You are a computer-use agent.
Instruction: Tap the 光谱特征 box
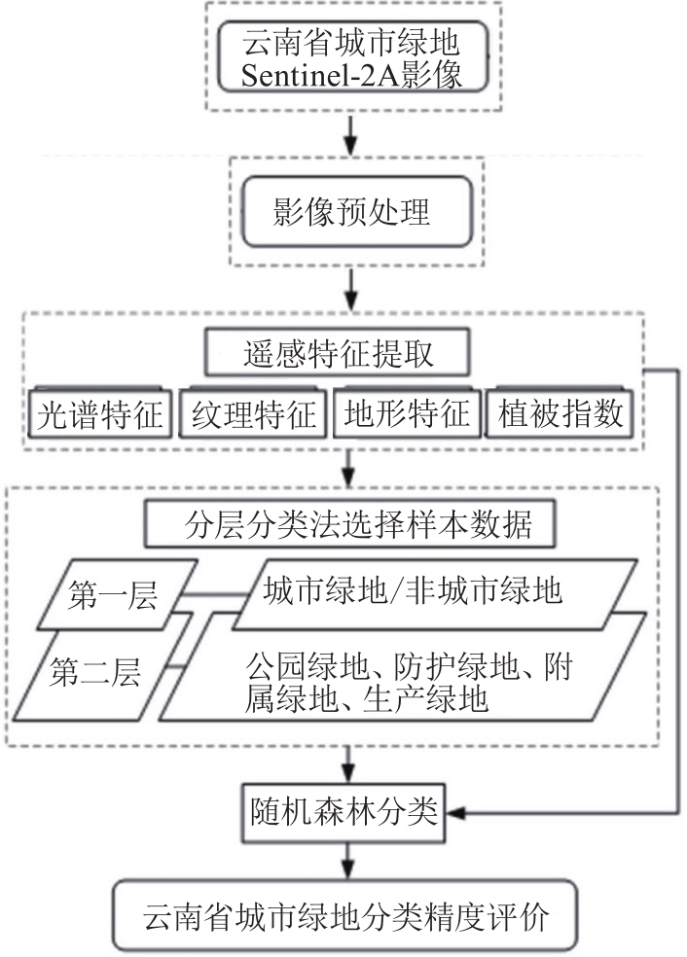tap(98, 414)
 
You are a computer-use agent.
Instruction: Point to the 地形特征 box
tap(407, 414)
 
